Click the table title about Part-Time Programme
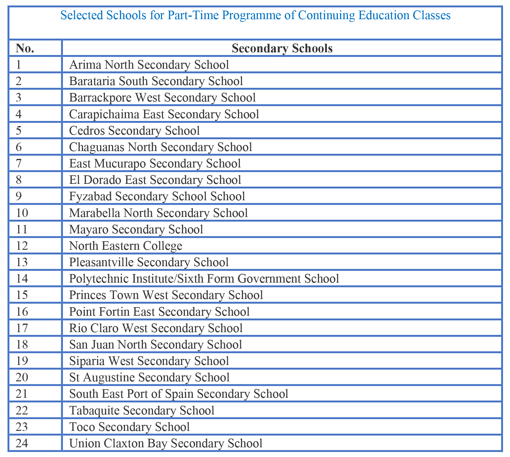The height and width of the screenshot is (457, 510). click(255, 15)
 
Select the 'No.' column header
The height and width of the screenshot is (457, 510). click(25, 48)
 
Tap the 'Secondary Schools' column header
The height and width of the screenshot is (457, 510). click(282, 48)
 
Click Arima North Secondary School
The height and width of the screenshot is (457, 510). click(149, 65)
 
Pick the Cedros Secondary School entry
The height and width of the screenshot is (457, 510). click(134, 131)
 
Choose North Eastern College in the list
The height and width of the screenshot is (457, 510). click(126, 246)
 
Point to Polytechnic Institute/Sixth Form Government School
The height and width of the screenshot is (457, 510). click(204, 279)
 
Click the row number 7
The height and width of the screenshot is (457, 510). click(19, 163)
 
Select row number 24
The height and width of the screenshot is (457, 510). click(22, 443)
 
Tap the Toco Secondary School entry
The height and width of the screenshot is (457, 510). click(130, 427)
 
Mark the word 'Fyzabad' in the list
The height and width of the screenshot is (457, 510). click(90, 196)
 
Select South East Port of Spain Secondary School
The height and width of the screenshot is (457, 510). click(179, 394)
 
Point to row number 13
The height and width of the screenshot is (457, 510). click(22, 262)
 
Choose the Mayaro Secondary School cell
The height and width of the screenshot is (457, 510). click(136, 229)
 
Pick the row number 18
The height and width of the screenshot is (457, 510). click(22, 345)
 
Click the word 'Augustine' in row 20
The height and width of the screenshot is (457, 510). click(109, 377)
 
